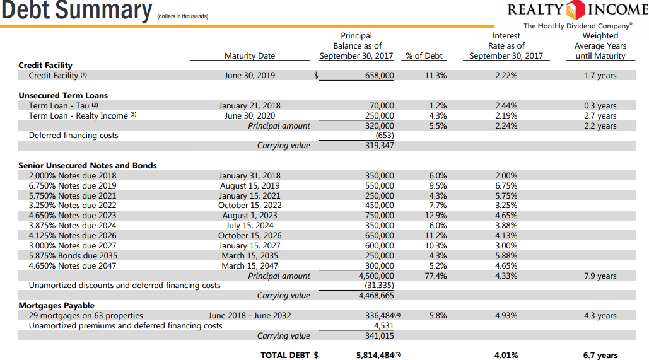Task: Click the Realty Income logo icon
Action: (576, 11)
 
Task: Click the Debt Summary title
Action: (76, 11)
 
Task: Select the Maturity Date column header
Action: (250, 56)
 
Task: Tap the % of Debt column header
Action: (424, 56)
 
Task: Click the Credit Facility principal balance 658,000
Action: (380, 76)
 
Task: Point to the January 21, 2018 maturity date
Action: (250, 106)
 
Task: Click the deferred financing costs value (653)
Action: (384, 136)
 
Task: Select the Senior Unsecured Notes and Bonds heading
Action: (88, 166)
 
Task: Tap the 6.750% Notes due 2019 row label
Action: (73, 186)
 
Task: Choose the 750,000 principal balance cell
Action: (380, 216)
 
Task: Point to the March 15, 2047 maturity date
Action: (250, 266)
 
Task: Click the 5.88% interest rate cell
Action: (506, 256)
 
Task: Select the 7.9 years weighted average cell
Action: (600, 276)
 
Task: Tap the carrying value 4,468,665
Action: (376, 296)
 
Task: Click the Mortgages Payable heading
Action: (57, 306)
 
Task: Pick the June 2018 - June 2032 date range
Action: (250, 316)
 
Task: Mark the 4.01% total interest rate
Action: (506, 356)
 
